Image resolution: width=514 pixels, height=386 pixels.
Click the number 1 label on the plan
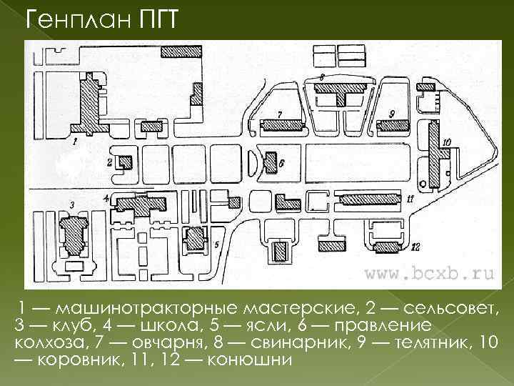click(74, 142)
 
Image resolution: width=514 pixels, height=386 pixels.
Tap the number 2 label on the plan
click(109, 162)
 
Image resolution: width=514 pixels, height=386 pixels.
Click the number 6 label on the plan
click(282, 163)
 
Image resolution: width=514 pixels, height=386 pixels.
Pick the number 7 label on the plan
click(280, 114)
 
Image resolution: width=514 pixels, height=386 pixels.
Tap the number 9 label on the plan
click(393, 114)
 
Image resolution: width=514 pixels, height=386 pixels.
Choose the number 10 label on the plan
click(447, 142)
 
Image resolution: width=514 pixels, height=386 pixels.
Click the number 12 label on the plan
click(416, 249)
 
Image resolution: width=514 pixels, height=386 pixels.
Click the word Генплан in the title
click(78, 19)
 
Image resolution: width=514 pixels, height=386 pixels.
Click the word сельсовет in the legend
click(448, 309)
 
